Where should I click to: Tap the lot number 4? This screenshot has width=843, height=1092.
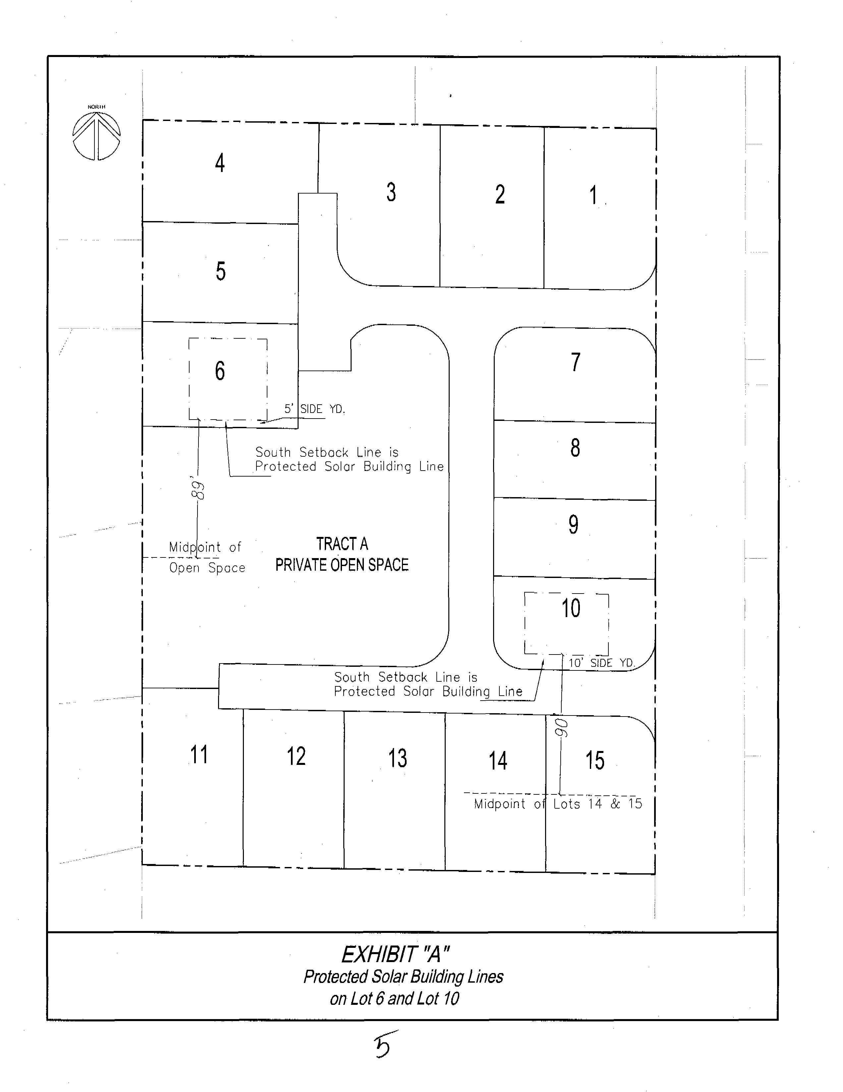pyautogui.click(x=220, y=163)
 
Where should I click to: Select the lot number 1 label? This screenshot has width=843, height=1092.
pyautogui.click(x=593, y=195)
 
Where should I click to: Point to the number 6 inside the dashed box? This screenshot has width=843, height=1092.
pyautogui.click(x=220, y=371)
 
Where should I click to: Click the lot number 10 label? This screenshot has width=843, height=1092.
pyautogui.click(x=571, y=608)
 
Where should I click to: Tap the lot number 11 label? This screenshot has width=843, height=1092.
pyautogui.click(x=199, y=755)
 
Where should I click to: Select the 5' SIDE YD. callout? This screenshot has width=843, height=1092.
pyautogui.click(x=314, y=409)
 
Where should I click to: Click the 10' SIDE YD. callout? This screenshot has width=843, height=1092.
pyautogui.click(x=601, y=663)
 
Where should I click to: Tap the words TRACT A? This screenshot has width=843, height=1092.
pyautogui.click(x=342, y=544)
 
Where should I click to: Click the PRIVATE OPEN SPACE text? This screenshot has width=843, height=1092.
pyautogui.click(x=342, y=565)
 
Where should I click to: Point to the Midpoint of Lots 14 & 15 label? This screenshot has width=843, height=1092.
pyautogui.click(x=557, y=804)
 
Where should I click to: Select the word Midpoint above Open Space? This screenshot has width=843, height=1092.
pyautogui.click(x=195, y=547)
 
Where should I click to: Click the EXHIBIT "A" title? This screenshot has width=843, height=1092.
pyautogui.click(x=395, y=954)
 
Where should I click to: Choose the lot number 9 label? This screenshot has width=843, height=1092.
pyautogui.click(x=574, y=525)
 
